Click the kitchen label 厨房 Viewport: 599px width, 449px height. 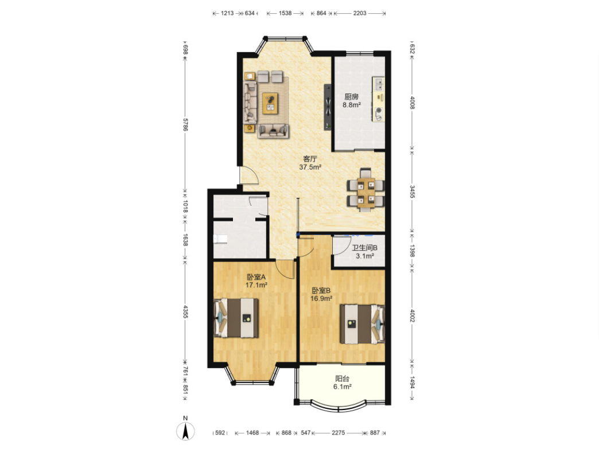coord(352,96)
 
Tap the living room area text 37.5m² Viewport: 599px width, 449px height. coord(310,167)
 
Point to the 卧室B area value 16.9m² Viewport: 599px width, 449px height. coord(321,299)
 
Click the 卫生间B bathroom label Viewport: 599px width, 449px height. coord(364,248)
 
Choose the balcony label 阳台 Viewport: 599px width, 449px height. coord(343,378)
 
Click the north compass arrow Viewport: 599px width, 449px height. coord(185,431)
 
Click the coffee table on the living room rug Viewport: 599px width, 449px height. coord(270,103)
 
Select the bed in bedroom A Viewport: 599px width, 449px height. coord(236,318)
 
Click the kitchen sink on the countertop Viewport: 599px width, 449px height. coord(378,84)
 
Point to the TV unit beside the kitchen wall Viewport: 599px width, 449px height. coord(328,107)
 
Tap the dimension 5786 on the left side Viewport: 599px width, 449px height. coord(185,124)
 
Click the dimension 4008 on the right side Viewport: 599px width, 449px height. coord(412,102)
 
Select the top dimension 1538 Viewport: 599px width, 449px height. coord(285,13)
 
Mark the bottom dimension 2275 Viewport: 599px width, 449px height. coord(338,432)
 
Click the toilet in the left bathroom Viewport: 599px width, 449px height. coord(220,239)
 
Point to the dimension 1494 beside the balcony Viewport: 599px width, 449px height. coord(412,382)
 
